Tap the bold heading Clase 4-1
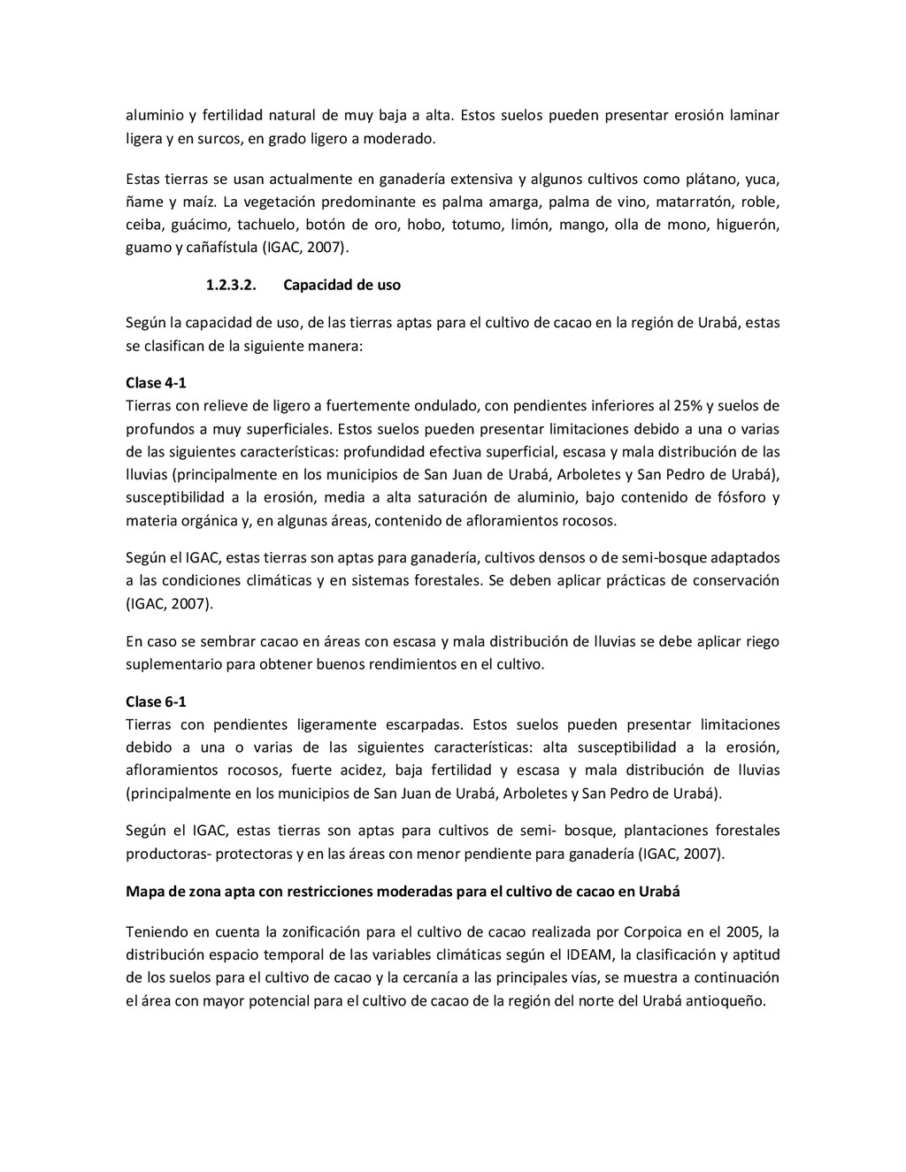(156, 383)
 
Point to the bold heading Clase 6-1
(156, 701)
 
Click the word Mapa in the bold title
(144, 892)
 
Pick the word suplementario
(173, 663)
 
